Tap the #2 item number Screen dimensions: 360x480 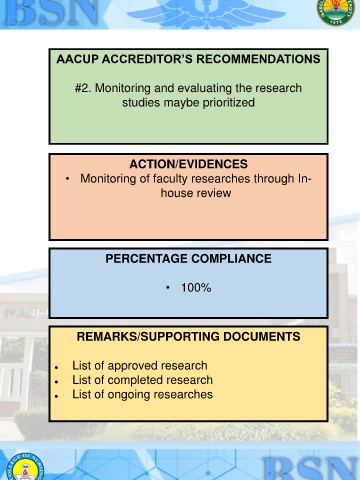coord(83,88)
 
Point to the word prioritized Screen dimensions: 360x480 coord(229,103)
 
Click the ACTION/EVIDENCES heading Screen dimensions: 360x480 coord(188,164)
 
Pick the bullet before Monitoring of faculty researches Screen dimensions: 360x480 coord(68,179)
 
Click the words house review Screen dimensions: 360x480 coord(196,193)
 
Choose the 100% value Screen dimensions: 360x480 coord(196,288)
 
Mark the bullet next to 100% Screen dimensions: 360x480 coord(168,287)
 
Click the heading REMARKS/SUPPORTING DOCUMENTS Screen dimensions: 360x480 coord(188,337)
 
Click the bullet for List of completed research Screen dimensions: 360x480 coord(57,382)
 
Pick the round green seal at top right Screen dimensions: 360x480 coord(335,11)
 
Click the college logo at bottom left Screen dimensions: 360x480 coord(25,467)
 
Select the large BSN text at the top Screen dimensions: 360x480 coord(52,12)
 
